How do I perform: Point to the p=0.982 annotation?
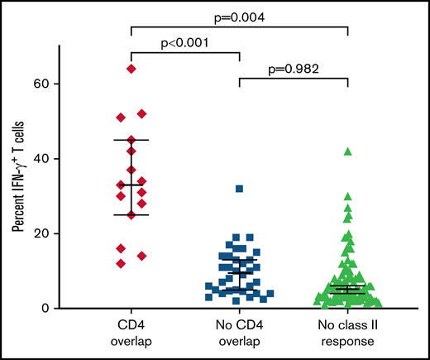point(294,66)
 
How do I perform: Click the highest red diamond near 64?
point(131,69)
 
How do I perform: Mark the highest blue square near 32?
point(239,189)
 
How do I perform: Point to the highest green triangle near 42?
point(347,151)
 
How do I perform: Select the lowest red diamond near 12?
point(122,263)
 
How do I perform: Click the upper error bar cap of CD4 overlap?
point(131,140)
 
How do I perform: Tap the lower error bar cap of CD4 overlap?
point(131,215)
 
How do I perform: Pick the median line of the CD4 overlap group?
point(131,185)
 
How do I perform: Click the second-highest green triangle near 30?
point(347,196)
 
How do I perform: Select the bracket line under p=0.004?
point(239,26)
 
